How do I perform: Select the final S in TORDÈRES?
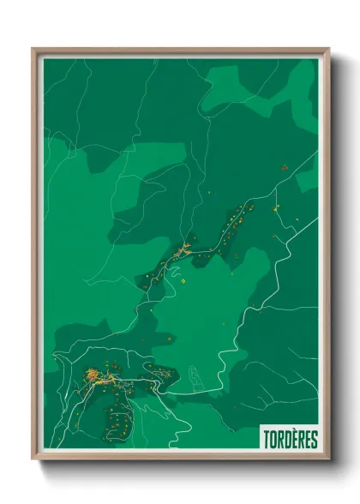(x=315, y=440)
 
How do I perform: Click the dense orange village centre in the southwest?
(x=97, y=375)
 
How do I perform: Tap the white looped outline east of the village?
(x=195, y=376)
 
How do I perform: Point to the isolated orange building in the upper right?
(x=283, y=168)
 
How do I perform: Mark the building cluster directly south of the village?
(x=120, y=420)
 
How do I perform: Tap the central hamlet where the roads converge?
(x=182, y=250)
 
